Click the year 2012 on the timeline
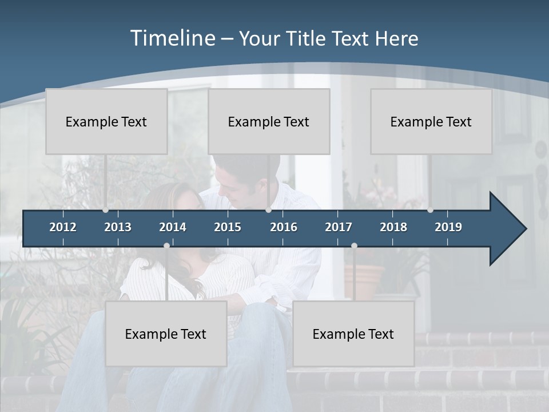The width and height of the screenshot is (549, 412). tap(63, 227)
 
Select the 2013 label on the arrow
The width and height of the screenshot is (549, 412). tap(118, 227)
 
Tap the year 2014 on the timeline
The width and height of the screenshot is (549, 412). tap(173, 227)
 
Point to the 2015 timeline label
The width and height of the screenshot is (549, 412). tap(228, 227)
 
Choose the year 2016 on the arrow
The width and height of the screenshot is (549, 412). tap(284, 227)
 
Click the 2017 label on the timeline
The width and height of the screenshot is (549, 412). tap(339, 227)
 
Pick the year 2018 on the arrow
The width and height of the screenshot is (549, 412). tap(393, 227)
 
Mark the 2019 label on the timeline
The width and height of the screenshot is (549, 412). tap(448, 227)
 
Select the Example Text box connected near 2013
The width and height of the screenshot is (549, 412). tap(106, 121)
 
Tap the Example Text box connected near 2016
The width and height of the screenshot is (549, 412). tap(269, 121)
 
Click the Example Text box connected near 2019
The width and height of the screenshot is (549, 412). tap(431, 121)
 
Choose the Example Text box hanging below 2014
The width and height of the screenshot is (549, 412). tap(166, 334)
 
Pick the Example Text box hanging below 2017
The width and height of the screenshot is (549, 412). tap(353, 334)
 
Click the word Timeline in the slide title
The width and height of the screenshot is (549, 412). tap(172, 38)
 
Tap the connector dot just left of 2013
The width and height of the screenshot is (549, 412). tap(105, 210)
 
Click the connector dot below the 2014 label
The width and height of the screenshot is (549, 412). tap(166, 245)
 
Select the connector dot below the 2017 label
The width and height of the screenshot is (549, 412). tap(354, 245)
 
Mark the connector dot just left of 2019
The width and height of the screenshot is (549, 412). tap(430, 210)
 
